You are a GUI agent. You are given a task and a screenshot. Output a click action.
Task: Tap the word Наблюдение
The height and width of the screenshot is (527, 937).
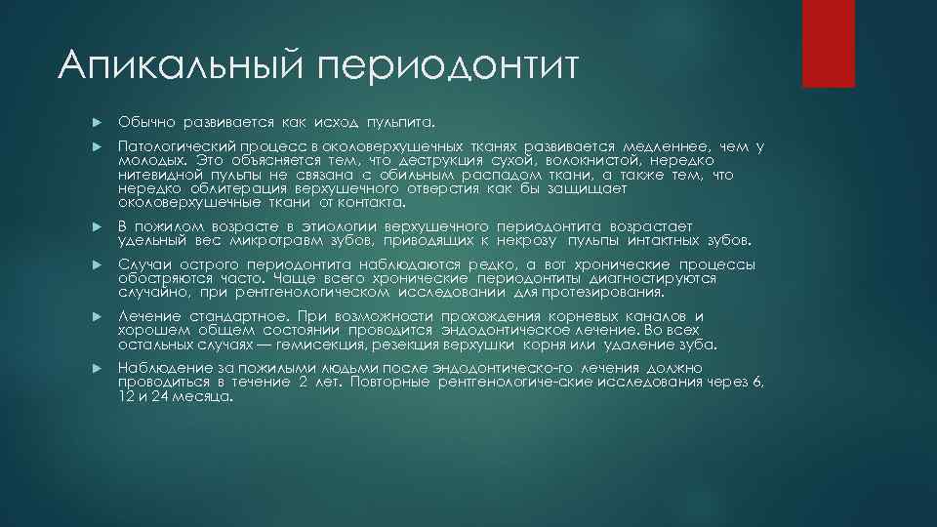click(160, 368)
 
